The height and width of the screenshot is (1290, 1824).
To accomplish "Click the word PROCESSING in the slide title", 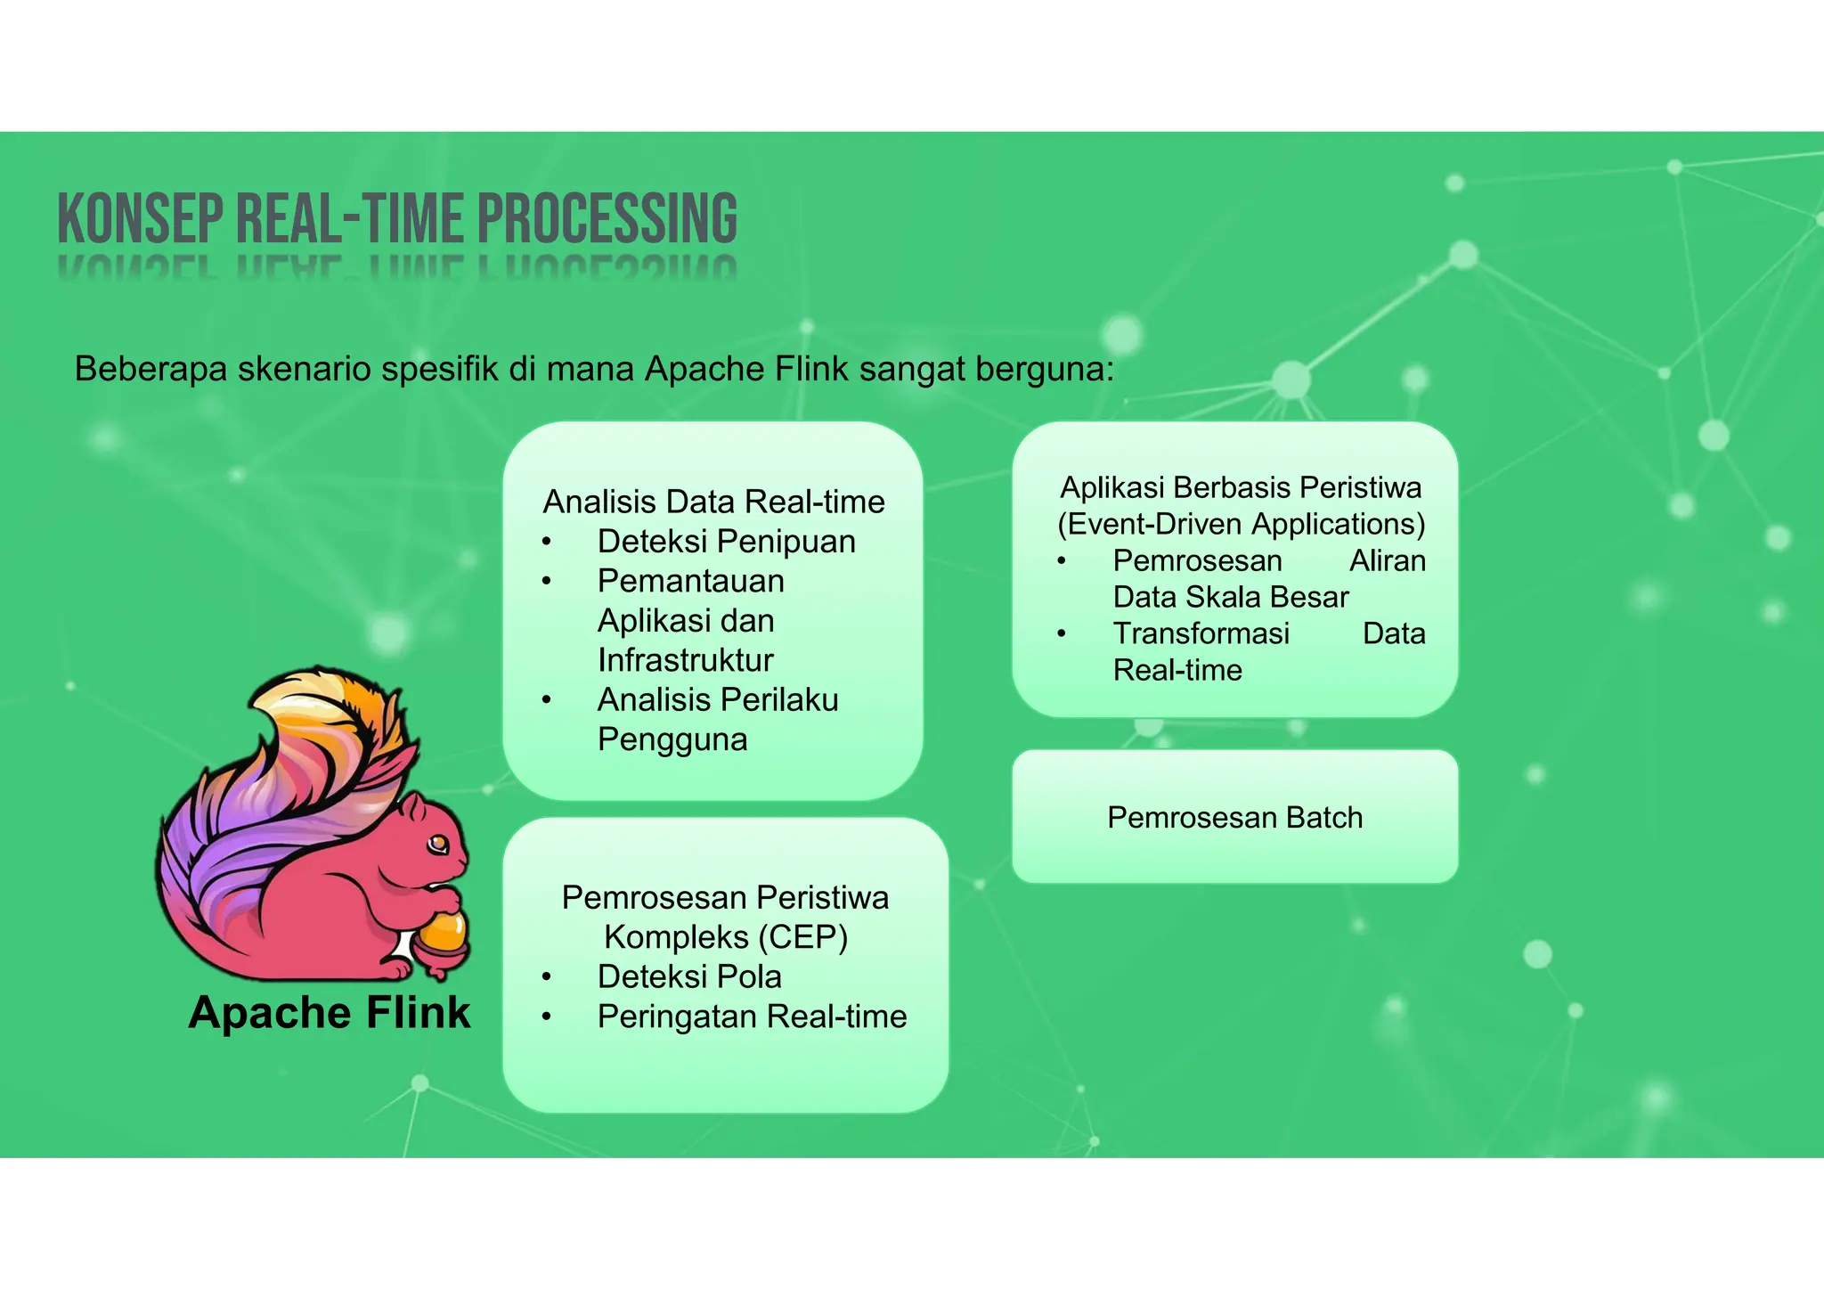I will [607, 218].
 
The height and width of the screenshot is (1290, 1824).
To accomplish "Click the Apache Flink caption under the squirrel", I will [329, 1013].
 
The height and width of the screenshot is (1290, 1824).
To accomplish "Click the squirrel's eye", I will [438, 842].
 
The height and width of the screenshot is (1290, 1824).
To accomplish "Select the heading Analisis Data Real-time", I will [713, 502].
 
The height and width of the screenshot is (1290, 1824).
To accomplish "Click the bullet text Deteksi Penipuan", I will [726, 542].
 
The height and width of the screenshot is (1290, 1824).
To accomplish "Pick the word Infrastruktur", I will [685, 660].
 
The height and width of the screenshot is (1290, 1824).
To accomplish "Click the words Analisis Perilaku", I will [718, 700].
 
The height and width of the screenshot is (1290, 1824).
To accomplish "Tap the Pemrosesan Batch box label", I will [1234, 817].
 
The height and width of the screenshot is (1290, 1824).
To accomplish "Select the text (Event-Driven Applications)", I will [1241, 524].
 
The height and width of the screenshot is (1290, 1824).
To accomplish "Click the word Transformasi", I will [1201, 633].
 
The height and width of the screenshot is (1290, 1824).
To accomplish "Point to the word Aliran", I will [1387, 560].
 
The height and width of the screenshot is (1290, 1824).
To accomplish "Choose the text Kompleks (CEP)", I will [725, 937].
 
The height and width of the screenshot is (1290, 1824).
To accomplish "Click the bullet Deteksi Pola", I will [689, 976].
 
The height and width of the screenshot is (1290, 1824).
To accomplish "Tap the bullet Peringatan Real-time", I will [752, 1016].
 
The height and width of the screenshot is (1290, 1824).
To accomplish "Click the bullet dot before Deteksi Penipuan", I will [547, 542].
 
